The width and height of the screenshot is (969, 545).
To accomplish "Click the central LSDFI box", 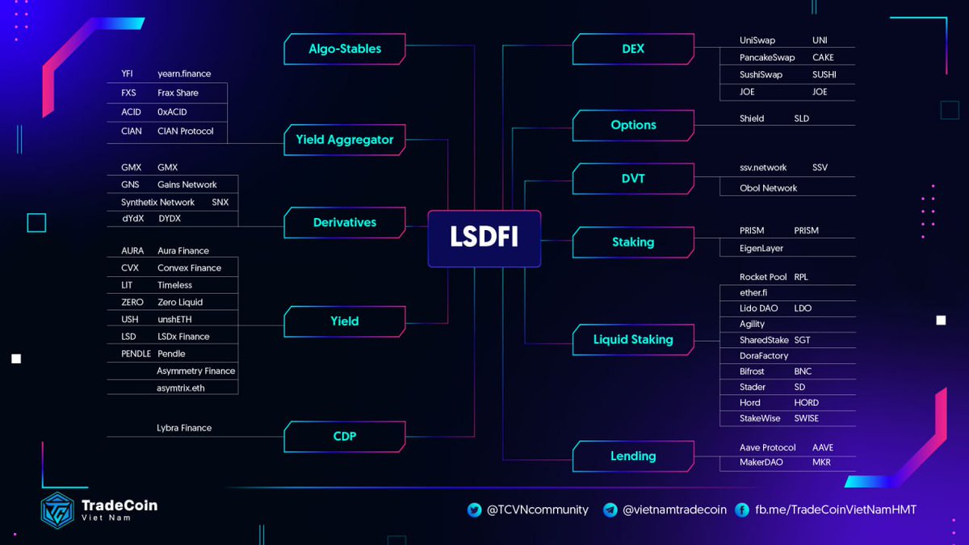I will [484, 238].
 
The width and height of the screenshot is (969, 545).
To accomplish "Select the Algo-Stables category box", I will [345, 49].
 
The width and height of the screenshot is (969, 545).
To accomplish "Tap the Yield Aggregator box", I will [345, 140].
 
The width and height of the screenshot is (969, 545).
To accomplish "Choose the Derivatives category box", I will [345, 223].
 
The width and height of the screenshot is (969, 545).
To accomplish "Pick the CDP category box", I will [345, 437].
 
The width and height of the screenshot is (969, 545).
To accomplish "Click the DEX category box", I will [633, 49].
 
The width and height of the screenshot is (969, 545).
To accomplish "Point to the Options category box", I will [633, 125].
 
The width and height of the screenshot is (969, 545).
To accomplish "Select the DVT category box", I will [633, 178].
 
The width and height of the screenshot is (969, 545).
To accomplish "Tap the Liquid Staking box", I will [633, 340].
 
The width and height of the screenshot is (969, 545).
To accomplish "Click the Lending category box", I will [633, 456].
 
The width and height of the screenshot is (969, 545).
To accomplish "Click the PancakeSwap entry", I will [767, 58].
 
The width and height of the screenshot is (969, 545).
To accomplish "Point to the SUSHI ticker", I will [824, 75].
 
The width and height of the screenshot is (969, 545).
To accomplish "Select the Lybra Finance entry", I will [184, 428].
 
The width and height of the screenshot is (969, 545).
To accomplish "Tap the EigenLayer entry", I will [761, 249].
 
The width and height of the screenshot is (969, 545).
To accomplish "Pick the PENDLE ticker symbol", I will [137, 354].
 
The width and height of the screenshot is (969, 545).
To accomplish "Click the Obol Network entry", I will [768, 188].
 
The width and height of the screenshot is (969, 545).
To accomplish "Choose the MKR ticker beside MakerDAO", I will [821, 463].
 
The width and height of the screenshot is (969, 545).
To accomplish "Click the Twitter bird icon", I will [475, 510].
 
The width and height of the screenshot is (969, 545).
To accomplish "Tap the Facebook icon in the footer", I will [742, 510].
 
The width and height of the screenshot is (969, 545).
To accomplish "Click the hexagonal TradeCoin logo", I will [58, 510].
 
